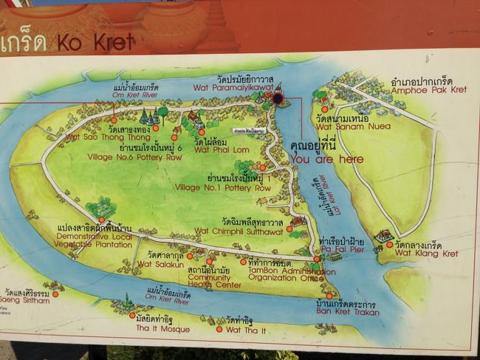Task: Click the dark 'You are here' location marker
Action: tap(278, 98)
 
